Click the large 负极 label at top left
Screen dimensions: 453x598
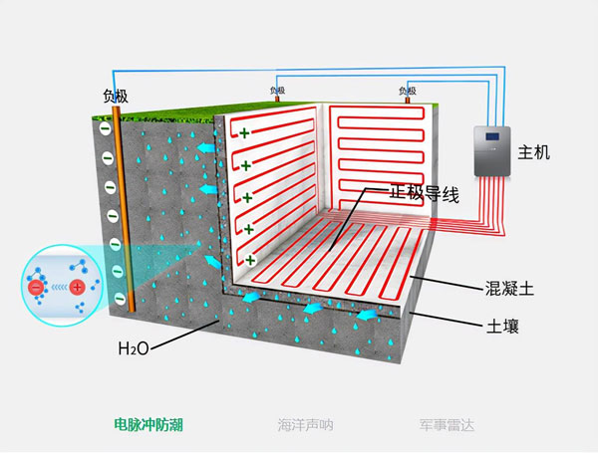(116, 97)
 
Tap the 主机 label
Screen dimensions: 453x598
(534, 152)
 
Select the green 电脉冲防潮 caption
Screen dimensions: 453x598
(149, 424)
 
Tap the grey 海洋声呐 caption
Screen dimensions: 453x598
(305, 424)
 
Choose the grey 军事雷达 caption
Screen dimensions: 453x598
(447, 424)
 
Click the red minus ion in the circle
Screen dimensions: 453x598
(36, 290)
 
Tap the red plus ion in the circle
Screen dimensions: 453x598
(77, 290)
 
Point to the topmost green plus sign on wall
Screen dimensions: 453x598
(242, 131)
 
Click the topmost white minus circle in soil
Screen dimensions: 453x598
(104, 127)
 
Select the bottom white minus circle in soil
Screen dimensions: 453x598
(118, 296)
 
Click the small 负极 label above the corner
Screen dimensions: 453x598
(277, 90)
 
